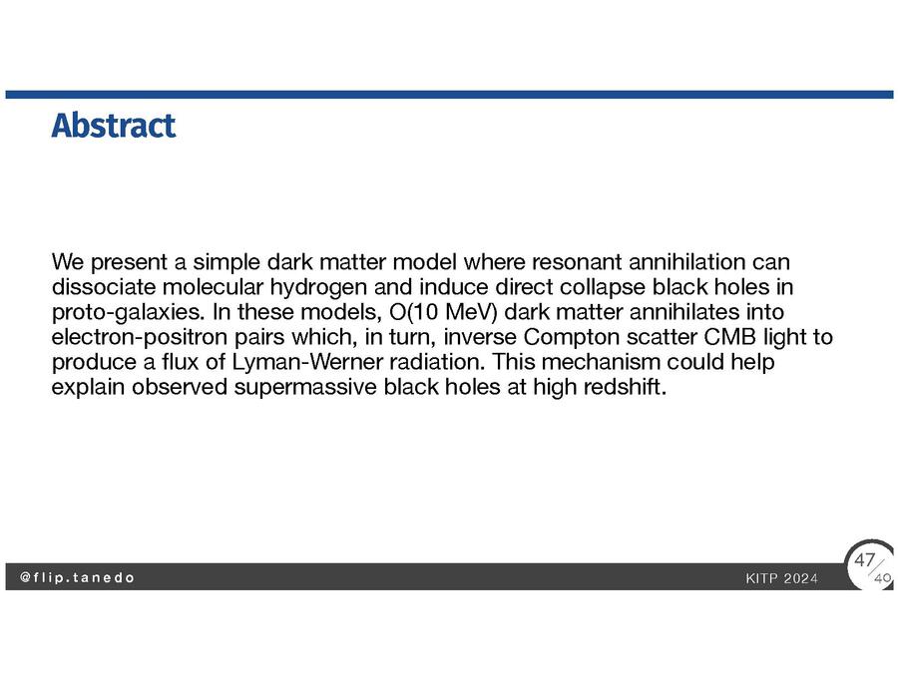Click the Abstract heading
114,126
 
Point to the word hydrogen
318,288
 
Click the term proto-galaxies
129,313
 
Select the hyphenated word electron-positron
140,337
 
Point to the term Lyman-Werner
307,362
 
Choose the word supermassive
305,388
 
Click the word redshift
626,387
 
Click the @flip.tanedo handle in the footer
77,577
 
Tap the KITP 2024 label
781,579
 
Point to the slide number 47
864,560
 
